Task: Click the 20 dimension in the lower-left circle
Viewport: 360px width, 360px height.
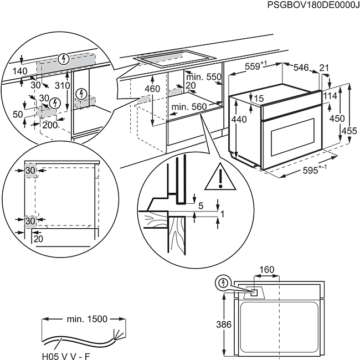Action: (x=38, y=239)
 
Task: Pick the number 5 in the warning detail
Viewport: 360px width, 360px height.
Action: (x=200, y=205)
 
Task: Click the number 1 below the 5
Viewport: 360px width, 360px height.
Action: (x=222, y=213)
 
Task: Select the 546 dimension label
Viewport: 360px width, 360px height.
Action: (x=300, y=68)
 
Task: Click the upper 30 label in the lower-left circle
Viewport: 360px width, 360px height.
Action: (x=30, y=170)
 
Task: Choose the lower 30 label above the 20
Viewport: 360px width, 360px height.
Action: (x=30, y=221)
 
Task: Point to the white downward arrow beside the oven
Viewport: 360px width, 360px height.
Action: (x=237, y=138)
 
